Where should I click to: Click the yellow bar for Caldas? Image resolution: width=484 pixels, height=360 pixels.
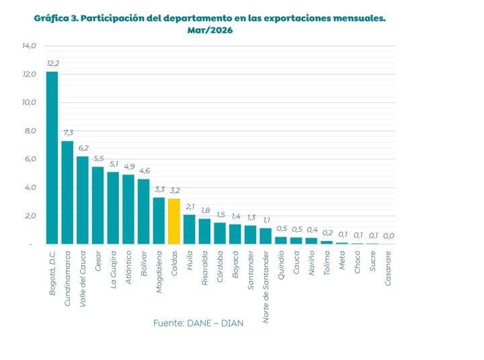174,221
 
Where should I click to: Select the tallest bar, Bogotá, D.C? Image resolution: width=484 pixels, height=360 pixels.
52,158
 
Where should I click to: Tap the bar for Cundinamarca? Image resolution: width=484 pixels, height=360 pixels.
67,193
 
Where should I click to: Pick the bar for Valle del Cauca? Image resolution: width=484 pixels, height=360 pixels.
83,200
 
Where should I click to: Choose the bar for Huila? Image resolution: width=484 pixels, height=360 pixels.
189,229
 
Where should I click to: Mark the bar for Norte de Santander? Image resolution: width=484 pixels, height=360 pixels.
266,236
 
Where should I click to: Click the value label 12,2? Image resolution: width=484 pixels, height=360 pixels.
53,64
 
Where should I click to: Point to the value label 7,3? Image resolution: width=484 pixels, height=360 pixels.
68,132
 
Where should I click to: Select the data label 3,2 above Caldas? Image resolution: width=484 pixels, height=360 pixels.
175,190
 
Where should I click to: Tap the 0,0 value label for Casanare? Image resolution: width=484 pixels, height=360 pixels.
389,236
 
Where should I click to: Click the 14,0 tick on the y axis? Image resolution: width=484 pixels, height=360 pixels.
29,46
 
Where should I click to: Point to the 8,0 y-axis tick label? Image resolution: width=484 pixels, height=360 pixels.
30,131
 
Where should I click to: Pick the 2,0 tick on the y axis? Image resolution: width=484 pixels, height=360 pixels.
30,216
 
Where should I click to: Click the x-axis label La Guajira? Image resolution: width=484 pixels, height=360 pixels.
114,269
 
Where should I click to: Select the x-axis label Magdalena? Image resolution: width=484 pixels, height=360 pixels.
159,272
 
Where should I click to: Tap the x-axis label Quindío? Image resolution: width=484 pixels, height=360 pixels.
280,265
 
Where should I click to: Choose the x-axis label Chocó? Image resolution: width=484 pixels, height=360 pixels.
357,262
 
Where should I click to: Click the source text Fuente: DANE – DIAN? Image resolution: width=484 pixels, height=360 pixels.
198,323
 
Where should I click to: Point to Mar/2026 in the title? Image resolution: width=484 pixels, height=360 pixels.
210,30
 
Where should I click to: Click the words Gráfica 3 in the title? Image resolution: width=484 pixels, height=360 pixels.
56,18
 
